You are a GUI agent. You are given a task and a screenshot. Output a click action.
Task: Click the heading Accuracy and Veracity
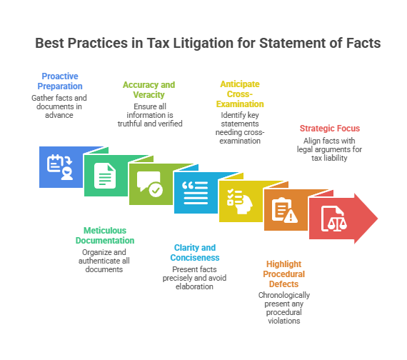tap(149, 89)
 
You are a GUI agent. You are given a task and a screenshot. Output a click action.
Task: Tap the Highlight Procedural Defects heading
tap(283, 274)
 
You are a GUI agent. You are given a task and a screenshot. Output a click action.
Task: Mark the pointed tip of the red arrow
tap(378, 219)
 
